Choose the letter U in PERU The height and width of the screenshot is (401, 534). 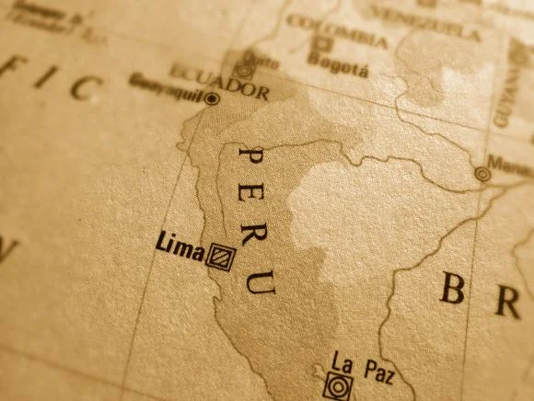(x=261, y=281)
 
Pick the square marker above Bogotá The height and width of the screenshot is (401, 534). (x=321, y=43)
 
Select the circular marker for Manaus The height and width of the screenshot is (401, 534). (x=482, y=174)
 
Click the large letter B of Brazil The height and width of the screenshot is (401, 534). (x=451, y=289)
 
